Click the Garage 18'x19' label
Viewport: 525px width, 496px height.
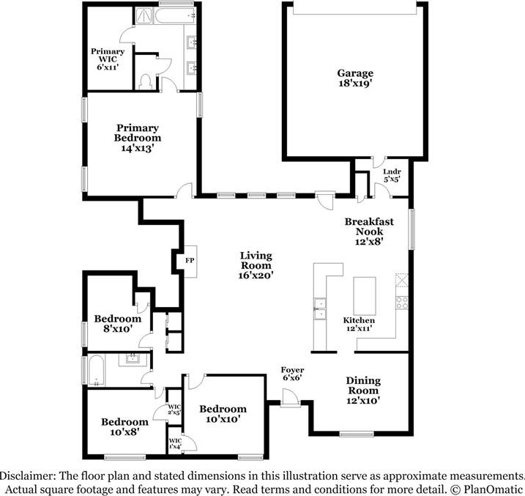click(x=355, y=78)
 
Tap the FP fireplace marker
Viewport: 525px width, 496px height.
click(x=190, y=260)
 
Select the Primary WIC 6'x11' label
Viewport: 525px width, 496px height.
click(x=108, y=59)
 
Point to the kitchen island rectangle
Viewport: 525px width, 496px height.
click(x=365, y=296)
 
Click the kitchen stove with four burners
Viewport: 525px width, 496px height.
click(x=402, y=303)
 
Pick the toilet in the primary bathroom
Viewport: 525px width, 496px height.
click(x=145, y=82)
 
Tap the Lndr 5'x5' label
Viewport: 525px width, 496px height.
click(x=392, y=176)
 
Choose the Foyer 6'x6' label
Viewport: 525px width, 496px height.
click(x=292, y=374)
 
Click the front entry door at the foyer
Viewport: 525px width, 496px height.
click(x=290, y=398)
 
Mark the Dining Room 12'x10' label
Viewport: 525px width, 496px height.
click(x=363, y=390)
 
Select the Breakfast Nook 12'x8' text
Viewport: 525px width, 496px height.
click(x=369, y=231)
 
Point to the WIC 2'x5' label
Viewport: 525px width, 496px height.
click(x=174, y=410)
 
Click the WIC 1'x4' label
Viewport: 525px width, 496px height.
click(x=175, y=443)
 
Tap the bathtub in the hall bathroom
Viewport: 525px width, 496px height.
click(x=97, y=371)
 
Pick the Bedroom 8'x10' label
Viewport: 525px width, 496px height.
click(x=117, y=323)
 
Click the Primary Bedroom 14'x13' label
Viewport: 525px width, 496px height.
click(x=137, y=138)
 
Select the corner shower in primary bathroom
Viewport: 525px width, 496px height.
click(x=144, y=15)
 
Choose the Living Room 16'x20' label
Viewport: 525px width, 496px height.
click(x=256, y=265)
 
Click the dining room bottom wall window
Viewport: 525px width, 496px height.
click(x=357, y=434)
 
